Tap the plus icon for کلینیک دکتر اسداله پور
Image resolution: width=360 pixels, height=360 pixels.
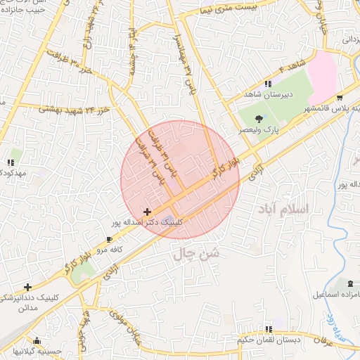click(x=147, y=212)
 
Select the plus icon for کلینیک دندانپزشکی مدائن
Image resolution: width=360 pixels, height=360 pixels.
click(x=27, y=287)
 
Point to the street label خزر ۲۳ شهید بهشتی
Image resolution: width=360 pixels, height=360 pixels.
click(x=74, y=109)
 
